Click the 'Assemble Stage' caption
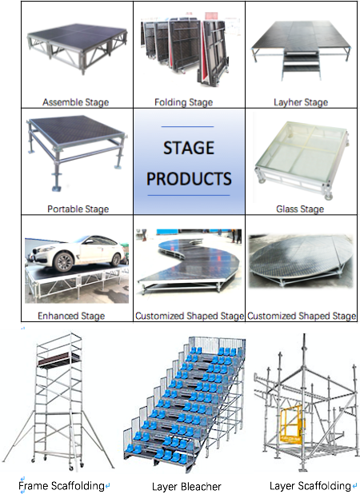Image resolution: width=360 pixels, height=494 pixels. pyautogui.click(x=76, y=102)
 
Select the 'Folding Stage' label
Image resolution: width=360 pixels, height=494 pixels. pyautogui.click(x=183, y=102)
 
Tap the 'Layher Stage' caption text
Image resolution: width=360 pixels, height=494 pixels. pyautogui.click(x=301, y=102)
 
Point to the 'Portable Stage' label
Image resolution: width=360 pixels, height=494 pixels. pyautogui.click(x=78, y=209)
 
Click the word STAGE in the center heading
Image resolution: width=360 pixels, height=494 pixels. pyautogui.click(x=189, y=148)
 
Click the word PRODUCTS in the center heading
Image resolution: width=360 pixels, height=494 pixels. pyautogui.click(x=189, y=178)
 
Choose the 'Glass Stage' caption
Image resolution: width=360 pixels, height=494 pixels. pyautogui.click(x=300, y=209)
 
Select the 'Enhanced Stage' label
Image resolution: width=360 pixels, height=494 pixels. pyautogui.click(x=71, y=316)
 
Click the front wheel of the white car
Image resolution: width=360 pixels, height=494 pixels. pyautogui.click(x=64, y=261)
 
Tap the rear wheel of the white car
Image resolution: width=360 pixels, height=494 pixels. pyautogui.click(x=116, y=260)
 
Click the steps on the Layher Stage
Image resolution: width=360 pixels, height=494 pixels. pyautogui.click(x=302, y=65)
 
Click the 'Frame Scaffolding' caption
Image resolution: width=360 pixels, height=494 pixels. pyautogui.click(x=62, y=486)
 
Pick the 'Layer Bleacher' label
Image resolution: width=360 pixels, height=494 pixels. pyautogui.click(x=186, y=487)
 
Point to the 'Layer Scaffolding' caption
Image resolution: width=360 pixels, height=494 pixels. pyautogui.click(x=310, y=486)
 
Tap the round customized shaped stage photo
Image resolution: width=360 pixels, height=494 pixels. pyautogui.click(x=301, y=261)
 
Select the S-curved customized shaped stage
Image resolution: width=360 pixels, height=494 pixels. pyautogui.click(x=189, y=262)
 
